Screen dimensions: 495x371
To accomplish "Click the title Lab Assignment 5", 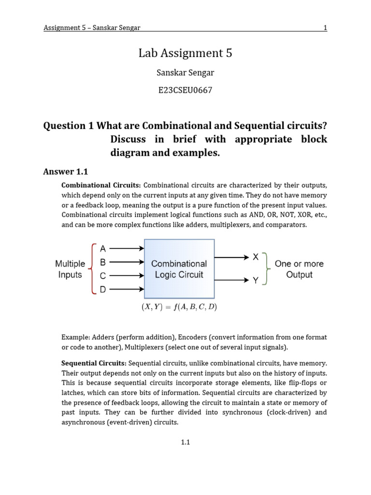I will pyautogui.click(x=185, y=54).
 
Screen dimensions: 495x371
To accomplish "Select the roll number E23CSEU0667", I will pyautogui.click(x=185, y=90).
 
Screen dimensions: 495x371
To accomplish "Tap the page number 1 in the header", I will pyautogui.click(x=325, y=28).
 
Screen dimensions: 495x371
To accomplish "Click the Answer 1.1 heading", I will pyautogui.click(x=66, y=171).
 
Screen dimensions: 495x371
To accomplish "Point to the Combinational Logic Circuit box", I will pyautogui.click(x=179, y=269).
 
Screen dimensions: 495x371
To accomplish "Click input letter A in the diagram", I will pyautogui.click(x=102, y=249).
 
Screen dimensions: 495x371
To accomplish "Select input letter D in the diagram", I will pyautogui.click(x=102, y=290).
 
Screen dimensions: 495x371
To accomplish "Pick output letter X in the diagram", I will pyautogui.click(x=256, y=258).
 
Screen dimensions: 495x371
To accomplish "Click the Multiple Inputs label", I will pyautogui.click(x=70, y=269).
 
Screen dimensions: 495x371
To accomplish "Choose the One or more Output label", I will pyautogui.click(x=299, y=269).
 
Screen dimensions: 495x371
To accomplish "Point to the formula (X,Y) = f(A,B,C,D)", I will pyautogui.click(x=179, y=307).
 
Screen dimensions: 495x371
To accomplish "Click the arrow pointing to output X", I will pyautogui.click(x=232, y=258).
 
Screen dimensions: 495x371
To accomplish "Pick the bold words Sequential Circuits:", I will pyautogui.click(x=94, y=363).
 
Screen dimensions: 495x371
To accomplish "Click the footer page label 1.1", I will pyautogui.click(x=185, y=442).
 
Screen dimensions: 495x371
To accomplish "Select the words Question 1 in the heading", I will pyautogui.click(x=69, y=126).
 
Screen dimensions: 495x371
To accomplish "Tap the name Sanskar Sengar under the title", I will pyautogui.click(x=185, y=73).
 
